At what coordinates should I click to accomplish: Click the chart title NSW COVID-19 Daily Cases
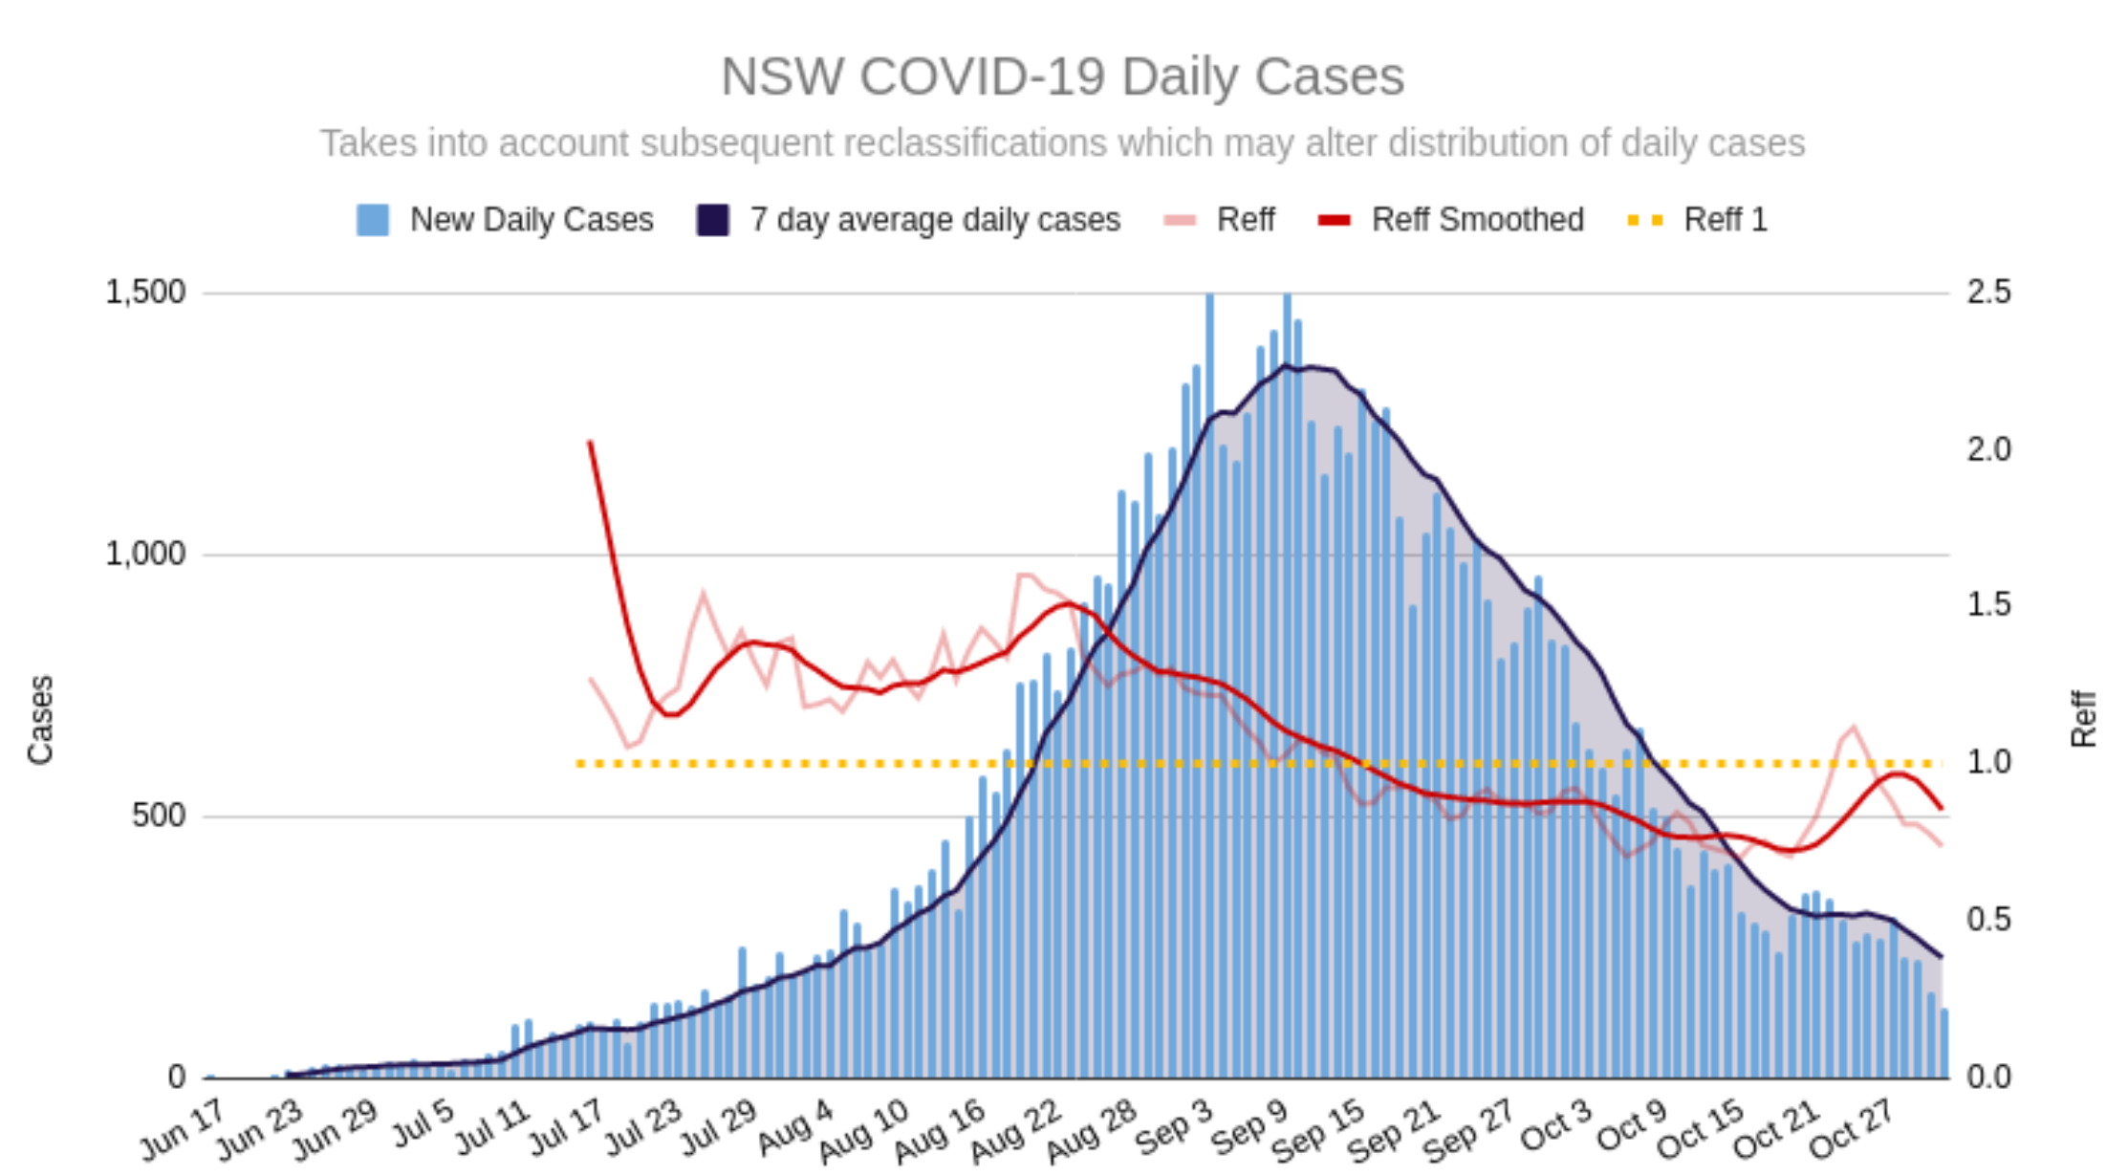(x=1061, y=76)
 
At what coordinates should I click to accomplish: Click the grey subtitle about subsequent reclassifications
(x=1061, y=143)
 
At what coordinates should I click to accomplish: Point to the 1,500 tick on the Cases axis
(x=145, y=292)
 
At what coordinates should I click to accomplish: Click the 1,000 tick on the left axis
(x=145, y=554)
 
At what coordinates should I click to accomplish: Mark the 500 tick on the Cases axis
(x=159, y=816)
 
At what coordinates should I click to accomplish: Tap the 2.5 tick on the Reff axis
(x=1988, y=292)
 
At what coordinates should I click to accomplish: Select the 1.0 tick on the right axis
(x=1988, y=762)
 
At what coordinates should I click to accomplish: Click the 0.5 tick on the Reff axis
(x=1988, y=919)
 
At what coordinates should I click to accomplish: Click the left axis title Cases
(x=40, y=719)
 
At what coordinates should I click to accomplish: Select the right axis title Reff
(x=2082, y=719)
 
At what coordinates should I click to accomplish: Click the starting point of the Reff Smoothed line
(x=591, y=443)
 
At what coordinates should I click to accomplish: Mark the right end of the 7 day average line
(x=1941, y=956)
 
